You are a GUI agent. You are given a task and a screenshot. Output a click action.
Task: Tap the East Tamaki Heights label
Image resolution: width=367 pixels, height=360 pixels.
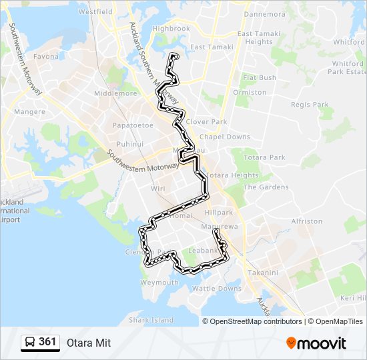[246, 37]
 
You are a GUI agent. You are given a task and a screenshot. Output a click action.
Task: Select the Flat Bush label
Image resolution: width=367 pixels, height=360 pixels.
[259, 77]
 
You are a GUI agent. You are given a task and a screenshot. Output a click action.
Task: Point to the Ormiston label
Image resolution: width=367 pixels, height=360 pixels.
[250, 92]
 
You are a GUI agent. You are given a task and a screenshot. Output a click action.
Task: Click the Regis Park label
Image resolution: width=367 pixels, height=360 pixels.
[310, 105]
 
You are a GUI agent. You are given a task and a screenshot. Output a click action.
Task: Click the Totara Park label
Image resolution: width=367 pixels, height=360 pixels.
[264, 157]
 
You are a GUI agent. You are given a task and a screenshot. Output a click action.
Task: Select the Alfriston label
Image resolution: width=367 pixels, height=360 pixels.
[307, 221]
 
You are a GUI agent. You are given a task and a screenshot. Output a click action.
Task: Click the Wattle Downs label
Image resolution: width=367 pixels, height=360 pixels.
[217, 289]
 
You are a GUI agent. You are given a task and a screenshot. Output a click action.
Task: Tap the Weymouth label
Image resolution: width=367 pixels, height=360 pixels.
[159, 283]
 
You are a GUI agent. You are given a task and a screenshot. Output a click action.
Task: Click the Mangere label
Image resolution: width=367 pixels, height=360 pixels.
[29, 111]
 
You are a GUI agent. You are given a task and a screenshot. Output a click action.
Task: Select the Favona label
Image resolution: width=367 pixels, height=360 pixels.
[46, 57]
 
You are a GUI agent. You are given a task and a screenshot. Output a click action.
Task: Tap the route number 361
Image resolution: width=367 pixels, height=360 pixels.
[47, 342]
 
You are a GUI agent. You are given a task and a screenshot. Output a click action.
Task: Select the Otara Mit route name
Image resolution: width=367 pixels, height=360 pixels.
[89, 343]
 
